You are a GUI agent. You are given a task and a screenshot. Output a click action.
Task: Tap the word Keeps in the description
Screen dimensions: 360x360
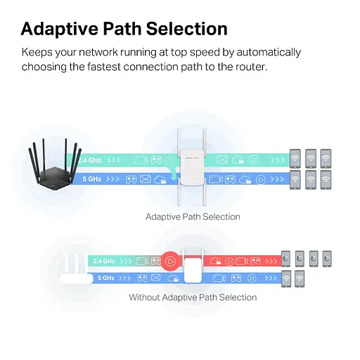click(x=37, y=52)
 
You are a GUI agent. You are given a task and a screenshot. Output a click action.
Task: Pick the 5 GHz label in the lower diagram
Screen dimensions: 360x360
click(x=106, y=278)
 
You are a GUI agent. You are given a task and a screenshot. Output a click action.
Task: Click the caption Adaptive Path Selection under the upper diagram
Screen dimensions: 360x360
click(x=193, y=217)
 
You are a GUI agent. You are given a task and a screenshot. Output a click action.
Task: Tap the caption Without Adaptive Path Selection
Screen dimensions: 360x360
click(x=193, y=297)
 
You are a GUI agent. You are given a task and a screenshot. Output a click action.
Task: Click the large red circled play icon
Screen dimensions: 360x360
click(x=169, y=261)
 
